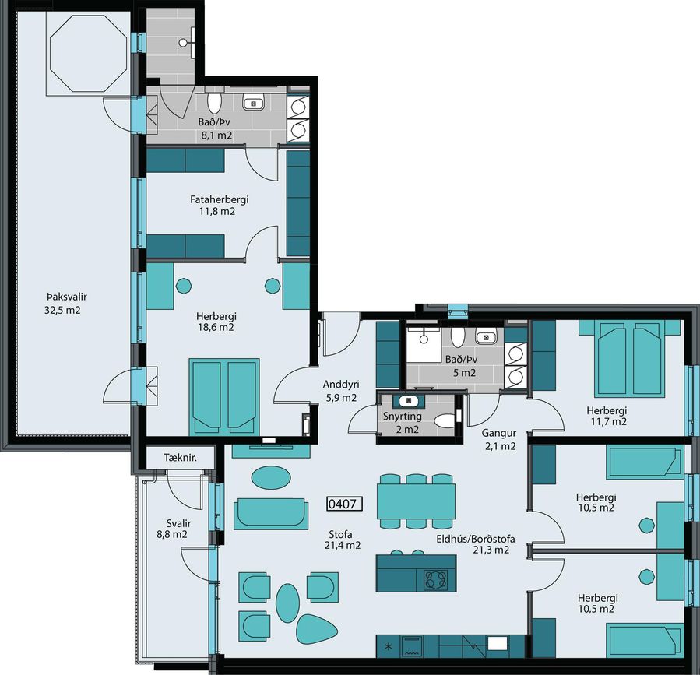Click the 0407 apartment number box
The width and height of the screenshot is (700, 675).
(x=344, y=504)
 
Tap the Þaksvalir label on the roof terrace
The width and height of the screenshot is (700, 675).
(x=66, y=297)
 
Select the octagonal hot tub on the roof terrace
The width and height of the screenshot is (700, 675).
(x=89, y=54)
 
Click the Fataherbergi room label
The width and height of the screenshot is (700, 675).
(x=220, y=199)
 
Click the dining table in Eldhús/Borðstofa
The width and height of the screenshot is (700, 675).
(x=416, y=501)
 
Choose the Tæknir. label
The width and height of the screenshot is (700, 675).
(x=181, y=458)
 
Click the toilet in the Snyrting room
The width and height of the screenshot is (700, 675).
(x=446, y=420)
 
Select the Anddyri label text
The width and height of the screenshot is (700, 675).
(x=341, y=385)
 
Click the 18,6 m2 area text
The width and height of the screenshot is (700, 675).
(x=216, y=327)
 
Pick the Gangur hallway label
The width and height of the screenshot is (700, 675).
(x=498, y=433)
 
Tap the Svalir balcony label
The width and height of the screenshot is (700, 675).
(x=178, y=523)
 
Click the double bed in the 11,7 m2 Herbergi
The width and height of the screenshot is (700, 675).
(x=630, y=358)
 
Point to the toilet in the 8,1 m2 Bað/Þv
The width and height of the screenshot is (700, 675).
(x=215, y=103)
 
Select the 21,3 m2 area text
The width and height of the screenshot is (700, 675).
(x=491, y=550)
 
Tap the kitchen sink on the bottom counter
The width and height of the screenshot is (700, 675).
(x=498, y=643)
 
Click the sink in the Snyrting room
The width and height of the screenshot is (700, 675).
(x=409, y=401)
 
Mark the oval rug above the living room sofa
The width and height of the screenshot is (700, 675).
(x=271, y=477)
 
